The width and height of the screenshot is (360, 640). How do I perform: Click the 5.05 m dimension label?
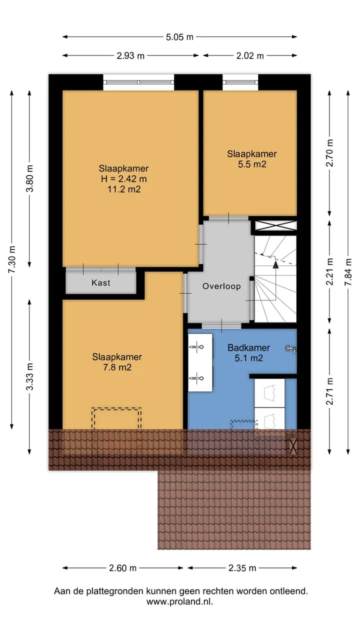(x=179, y=37)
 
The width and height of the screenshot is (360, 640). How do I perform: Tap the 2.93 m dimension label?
(x=130, y=55)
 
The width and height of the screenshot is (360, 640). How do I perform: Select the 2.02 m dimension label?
(x=250, y=55)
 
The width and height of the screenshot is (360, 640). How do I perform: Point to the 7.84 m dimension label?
(x=348, y=272)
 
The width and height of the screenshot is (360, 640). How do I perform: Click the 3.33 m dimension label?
(x=29, y=376)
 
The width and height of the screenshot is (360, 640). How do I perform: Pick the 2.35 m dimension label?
(x=242, y=568)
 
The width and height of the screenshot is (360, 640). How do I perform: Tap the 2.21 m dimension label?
(x=329, y=271)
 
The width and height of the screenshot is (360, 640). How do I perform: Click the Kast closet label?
(x=101, y=283)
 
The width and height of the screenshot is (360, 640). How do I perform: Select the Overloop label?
(x=221, y=286)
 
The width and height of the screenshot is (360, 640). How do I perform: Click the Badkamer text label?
(x=249, y=347)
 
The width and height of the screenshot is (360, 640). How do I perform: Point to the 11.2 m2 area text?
(x=124, y=189)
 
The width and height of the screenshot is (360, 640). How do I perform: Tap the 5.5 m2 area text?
(x=252, y=164)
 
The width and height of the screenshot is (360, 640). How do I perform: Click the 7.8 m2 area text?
(x=117, y=367)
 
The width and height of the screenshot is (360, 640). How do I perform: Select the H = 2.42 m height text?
(x=123, y=179)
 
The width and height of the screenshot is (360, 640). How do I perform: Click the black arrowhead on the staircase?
(x=275, y=264)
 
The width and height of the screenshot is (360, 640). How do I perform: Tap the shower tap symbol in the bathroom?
(x=291, y=349)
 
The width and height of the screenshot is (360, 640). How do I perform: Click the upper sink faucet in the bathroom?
(x=196, y=347)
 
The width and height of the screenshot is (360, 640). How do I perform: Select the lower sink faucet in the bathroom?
(x=196, y=378)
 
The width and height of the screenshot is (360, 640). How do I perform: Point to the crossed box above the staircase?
(x=275, y=225)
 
